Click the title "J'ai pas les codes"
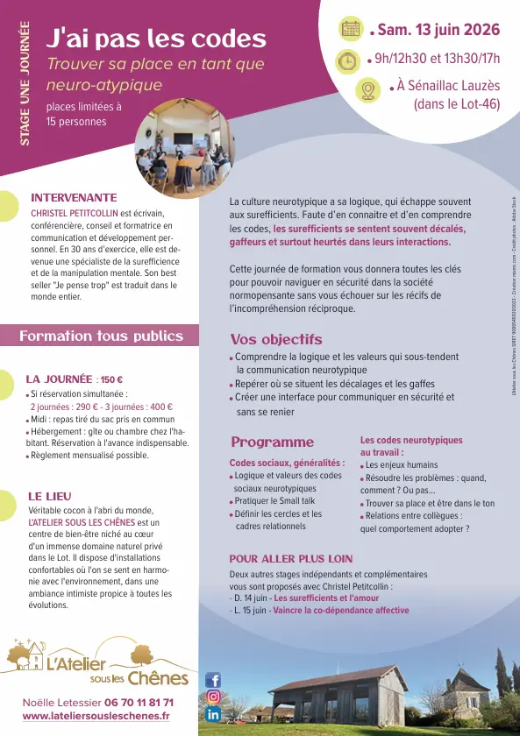[x=156, y=39]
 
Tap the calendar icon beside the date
[x=351, y=29]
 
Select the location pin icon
[x=367, y=89]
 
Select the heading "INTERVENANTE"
[x=74, y=198]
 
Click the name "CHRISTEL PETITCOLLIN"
[x=75, y=213]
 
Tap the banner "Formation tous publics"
[x=101, y=336]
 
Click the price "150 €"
[x=111, y=379]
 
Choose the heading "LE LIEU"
[x=50, y=496]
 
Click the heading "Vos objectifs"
[x=276, y=340]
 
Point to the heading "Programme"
[x=272, y=442]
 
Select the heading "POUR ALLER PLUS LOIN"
[x=291, y=558]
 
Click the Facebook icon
[x=213, y=679]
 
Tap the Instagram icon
[x=213, y=697]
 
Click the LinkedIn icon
[x=213, y=714]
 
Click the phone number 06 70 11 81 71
[x=139, y=703]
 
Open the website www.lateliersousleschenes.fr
[x=96, y=716]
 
